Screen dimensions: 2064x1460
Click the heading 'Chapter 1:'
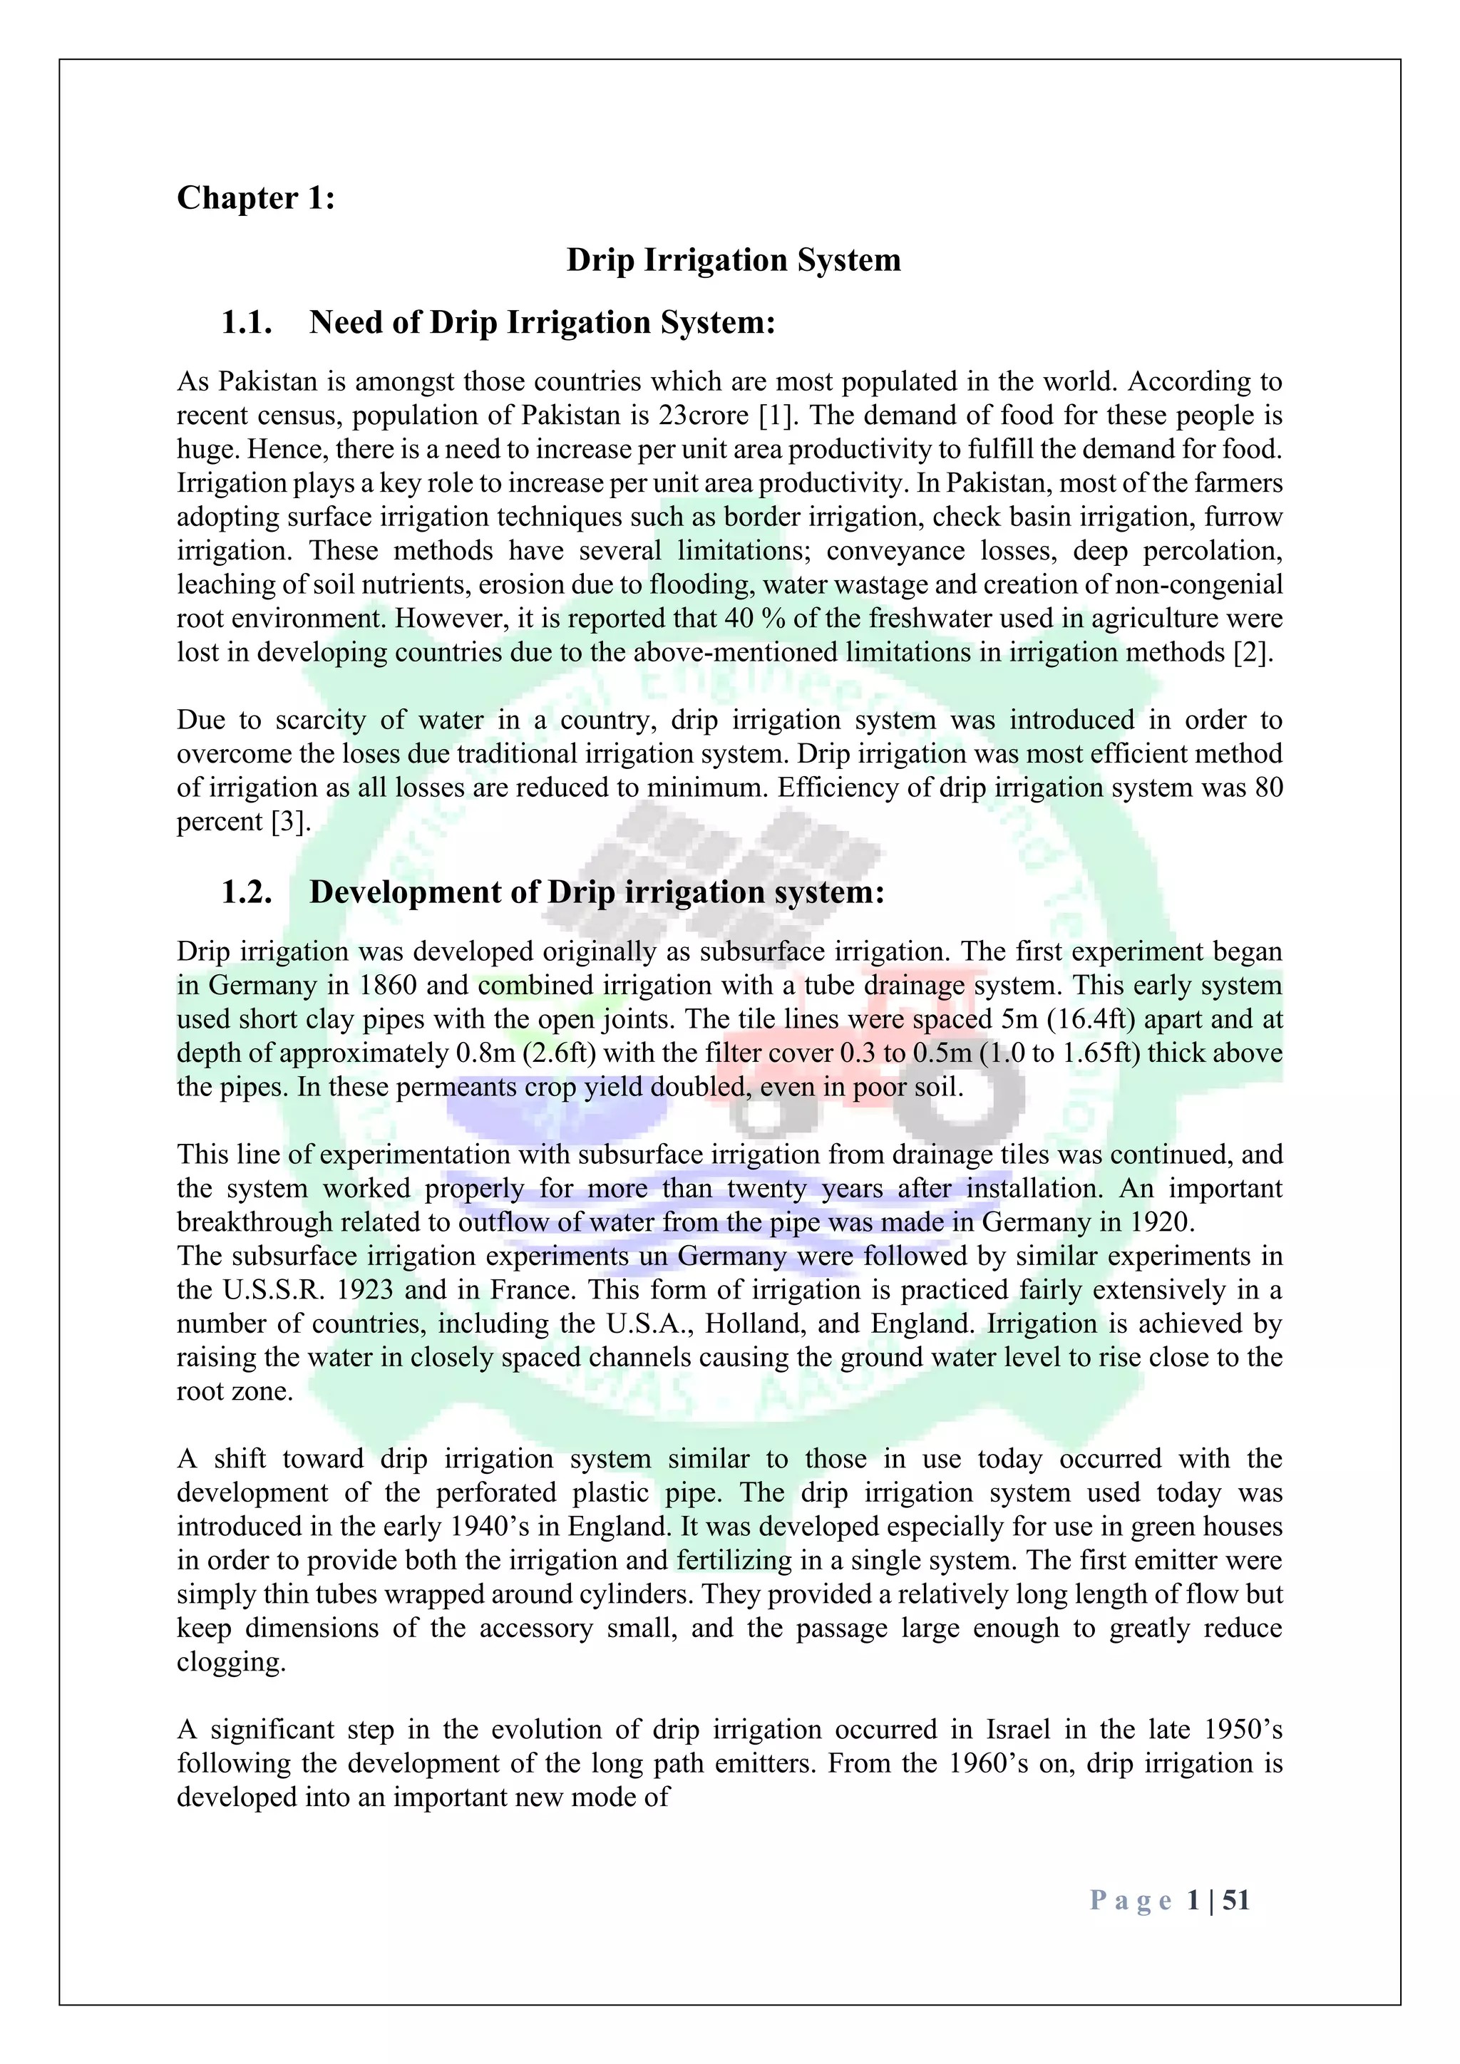255,197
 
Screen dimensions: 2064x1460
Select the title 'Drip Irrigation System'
733,260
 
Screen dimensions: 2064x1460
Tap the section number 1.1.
247,322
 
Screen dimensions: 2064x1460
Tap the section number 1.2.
247,892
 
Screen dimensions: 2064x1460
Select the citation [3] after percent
289,822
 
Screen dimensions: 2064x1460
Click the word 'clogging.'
231,1662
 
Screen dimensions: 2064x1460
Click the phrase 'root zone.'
235,1392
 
